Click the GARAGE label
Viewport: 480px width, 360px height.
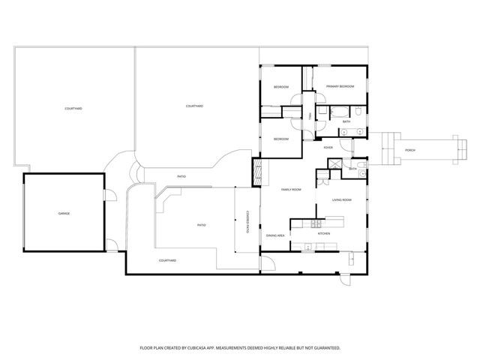pos(64,214)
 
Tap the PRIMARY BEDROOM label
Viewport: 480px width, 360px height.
pos(340,87)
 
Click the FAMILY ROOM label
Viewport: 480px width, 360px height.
pos(291,190)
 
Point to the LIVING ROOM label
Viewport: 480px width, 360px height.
pos(342,200)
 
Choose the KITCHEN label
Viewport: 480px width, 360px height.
pos(324,233)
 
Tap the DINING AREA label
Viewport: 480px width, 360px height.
pos(275,235)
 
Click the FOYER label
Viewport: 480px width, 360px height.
pos(328,148)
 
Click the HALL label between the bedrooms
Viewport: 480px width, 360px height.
pos(310,115)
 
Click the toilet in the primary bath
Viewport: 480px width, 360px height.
pos(359,112)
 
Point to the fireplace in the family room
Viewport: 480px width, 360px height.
pos(259,173)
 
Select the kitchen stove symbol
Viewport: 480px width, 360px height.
pos(317,223)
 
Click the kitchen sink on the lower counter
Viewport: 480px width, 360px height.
pos(307,247)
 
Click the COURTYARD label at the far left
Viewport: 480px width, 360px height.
pos(73,109)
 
